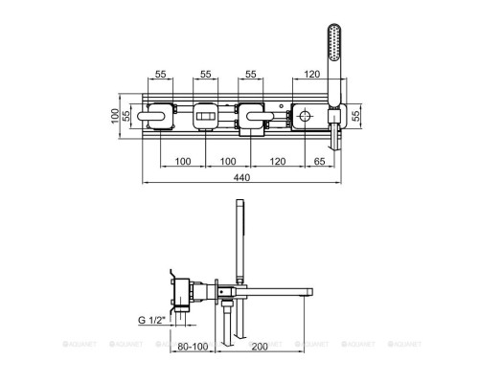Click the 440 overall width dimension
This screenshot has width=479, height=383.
241,177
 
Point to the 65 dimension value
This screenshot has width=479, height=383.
319,161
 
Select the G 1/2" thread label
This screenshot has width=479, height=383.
152,320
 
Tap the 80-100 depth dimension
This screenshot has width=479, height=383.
193,347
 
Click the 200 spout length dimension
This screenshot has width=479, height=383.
260,347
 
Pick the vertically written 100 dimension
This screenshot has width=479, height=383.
115,116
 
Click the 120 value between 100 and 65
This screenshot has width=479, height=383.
278,161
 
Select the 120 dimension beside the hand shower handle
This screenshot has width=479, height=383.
311,74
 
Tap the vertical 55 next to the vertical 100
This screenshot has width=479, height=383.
126,116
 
